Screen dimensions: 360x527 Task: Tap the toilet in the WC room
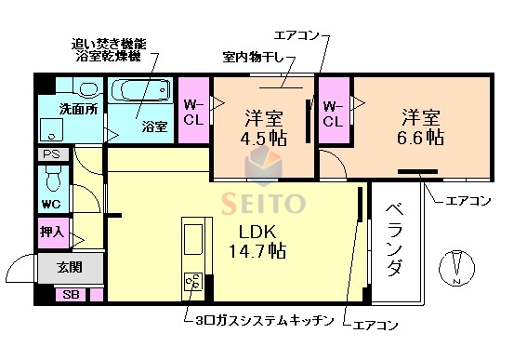pos(51,178)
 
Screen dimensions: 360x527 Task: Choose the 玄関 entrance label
pos(69,268)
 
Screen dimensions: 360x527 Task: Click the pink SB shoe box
pos(71,295)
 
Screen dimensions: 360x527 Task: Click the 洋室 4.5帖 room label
pos(263,129)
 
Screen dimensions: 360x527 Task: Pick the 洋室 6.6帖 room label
pos(420,127)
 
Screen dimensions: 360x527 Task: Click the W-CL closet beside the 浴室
pos(194,112)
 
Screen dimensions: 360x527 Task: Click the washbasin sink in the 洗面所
pos(89,90)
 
